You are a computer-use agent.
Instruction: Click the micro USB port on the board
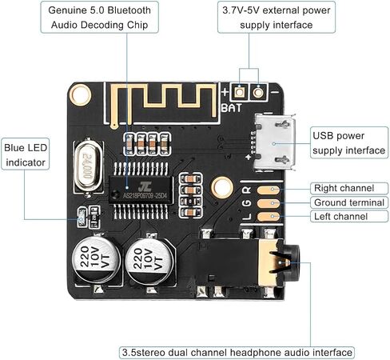click(x=275, y=142)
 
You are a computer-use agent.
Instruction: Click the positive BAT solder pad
click(x=240, y=92)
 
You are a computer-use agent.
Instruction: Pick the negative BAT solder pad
click(x=258, y=93)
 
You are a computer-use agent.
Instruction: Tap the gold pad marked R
click(x=268, y=190)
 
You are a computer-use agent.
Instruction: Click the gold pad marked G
click(x=268, y=203)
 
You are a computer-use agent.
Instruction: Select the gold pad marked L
click(x=268, y=217)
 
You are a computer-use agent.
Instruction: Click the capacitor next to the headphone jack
click(x=149, y=262)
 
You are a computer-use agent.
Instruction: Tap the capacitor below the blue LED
click(x=97, y=258)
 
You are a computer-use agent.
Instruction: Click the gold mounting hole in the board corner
click(x=80, y=95)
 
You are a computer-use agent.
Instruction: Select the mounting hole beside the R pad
click(x=221, y=188)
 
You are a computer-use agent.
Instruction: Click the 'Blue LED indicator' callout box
click(x=26, y=154)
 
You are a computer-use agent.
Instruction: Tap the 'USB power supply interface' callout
click(x=349, y=142)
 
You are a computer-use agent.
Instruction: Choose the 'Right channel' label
click(x=344, y=188)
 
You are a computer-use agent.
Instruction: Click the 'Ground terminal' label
click(x=349, y=202)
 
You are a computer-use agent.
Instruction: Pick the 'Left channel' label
click(x=340, y=216)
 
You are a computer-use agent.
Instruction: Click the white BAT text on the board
click(x=231, y=108)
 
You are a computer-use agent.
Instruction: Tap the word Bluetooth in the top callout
click(x=129, y=10)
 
